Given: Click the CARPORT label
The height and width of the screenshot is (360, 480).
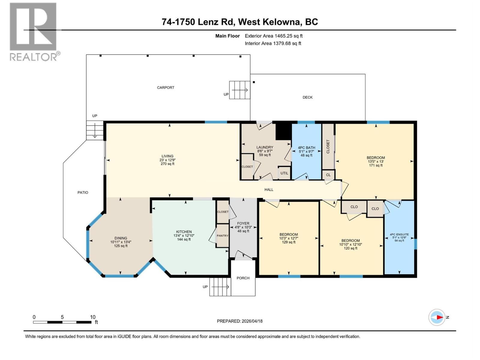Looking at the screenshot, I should [x=166, y=88].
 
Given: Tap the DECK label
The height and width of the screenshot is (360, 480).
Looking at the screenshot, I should [x=307, y=97].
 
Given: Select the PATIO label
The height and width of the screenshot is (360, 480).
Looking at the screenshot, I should [x=83, y=193].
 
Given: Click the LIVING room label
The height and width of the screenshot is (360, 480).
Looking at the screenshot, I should [x=167, y=156].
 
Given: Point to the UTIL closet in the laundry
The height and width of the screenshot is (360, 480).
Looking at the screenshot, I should [x=284, y=173].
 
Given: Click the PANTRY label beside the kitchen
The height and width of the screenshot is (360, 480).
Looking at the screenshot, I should [x=223, y=236].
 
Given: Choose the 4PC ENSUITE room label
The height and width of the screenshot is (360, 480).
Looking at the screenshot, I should [x=399, y=235].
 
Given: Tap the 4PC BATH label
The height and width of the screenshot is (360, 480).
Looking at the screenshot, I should [x=306, y=148].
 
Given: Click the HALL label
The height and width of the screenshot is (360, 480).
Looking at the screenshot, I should [x=269, y=190].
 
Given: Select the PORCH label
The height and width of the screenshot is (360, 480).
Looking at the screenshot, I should [x=243, y=278].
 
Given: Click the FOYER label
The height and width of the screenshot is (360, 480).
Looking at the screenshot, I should [x=243, y=223].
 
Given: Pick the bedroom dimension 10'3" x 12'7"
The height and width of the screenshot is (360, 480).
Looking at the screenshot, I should [x=289, y=238].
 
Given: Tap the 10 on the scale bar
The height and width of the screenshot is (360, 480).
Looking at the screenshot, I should [x=93, y=317].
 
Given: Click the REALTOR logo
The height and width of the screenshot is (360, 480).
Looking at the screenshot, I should [x=33, y=31].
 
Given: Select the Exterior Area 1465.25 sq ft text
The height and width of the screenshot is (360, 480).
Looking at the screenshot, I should [x=274, y=36].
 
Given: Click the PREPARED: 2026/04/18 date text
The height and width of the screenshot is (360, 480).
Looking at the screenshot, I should [x=240, y=321].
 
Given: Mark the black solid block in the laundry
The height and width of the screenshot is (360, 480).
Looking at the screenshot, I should [x=283, y=132].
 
